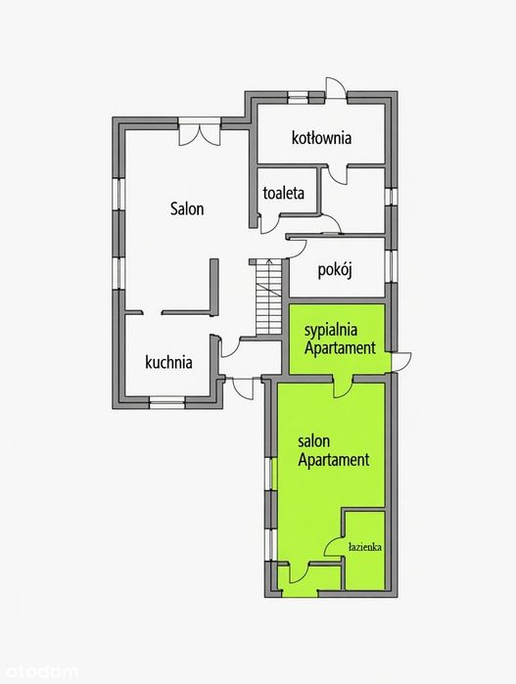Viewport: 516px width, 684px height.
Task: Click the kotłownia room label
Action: pyautogui.click(x=321, y=138)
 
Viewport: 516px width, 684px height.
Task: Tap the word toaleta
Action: pyautogui.click(x=283, y=193)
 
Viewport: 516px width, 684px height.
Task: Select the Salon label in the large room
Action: pyautogui.click(x=187, y=208)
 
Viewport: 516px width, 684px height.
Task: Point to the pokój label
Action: pyautogui.click(x=335, y=270)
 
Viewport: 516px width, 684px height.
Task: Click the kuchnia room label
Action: pyautogui.click(x=168, y=362)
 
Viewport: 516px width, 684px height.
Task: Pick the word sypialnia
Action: pyautogui.click(x=331, y=330)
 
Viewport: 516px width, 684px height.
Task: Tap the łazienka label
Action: pyautogui.click(x=365, y=547)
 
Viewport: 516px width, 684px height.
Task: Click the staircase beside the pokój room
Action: pyautogui.click(x=269, y=296)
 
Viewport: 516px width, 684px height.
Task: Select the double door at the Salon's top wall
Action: pyautogui.click(x=199, y=131)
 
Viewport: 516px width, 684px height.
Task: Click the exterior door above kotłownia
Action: pyautogui.click(x=335, y=89)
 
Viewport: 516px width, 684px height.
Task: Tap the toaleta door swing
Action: pyautogui.click(x=270, y=225)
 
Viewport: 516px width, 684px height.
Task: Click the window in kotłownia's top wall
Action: pyautogui.click(x=299, y=97)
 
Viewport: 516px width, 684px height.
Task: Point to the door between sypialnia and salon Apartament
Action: pyautogui.click(x=343, y=386)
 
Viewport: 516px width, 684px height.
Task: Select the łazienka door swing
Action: pyautogui.click(x=333, y=546)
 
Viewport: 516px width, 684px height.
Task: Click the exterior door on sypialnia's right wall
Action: pyautogui.click(x=400, y=362)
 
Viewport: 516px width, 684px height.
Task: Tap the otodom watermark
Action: pyautogui.click(x=39, y=672)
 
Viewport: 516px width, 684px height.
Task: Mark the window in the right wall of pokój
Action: pyautogui.click(x=391, y=266)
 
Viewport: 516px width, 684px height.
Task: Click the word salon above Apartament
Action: pyautogui.click(x=313, y=441)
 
